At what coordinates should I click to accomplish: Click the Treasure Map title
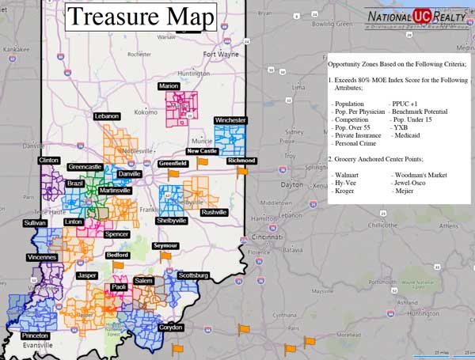pyautogui.click(x=140, y=17)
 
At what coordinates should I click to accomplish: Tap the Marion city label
pyautogui.click(x=169, y=85)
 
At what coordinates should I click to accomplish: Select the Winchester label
pyautogui.click(x=230, y=120)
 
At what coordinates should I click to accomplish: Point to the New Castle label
pyautogui.click(x=202, y=151)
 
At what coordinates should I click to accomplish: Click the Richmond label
pyautogui.click(x=241, y=161)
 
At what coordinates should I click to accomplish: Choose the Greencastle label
pyautogui.click(x=85, y=167)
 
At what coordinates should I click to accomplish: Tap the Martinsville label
pyautogui.click(x=115, y=191)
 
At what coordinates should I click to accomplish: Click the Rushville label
pyautogui.click(x=213, y=212)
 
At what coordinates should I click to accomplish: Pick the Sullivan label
pyautogui.click(x=35, y=224)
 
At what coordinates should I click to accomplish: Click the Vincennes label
pyautogui.click(x=41, y=257)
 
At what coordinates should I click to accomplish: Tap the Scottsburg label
pyautogui.click(x=193, y=275)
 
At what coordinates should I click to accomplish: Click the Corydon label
pyautogui.click(x=170, y=327)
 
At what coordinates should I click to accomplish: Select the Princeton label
pyautogui.click(x=35, y=335)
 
